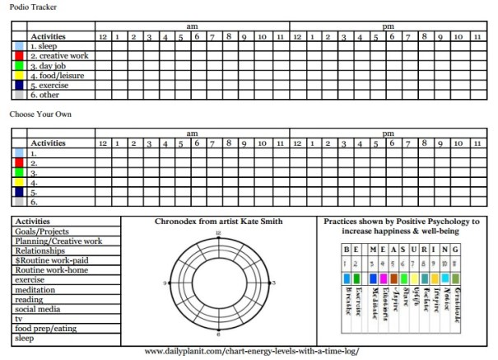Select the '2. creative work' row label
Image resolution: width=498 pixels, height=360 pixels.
pyautogui.click(x=59, y=56)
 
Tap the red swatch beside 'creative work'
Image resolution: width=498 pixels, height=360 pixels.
pyautogui.click(x=20, y=56)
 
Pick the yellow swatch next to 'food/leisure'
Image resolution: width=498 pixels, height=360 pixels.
pyautogui.click(x=20, y=75)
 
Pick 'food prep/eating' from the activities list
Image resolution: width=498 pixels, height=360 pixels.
pyautogui.click(x=44, y=329)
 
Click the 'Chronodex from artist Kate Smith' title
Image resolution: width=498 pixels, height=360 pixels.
pyautogui.click(x=218, y=222)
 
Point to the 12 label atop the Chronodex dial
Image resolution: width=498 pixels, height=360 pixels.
pyautogui.click(x=218, y=234)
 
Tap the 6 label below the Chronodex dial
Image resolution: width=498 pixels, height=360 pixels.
pyautogui.click(x=218, y=335)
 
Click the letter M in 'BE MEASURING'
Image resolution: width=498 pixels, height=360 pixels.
pyautogui.click(x=373, y=248)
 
